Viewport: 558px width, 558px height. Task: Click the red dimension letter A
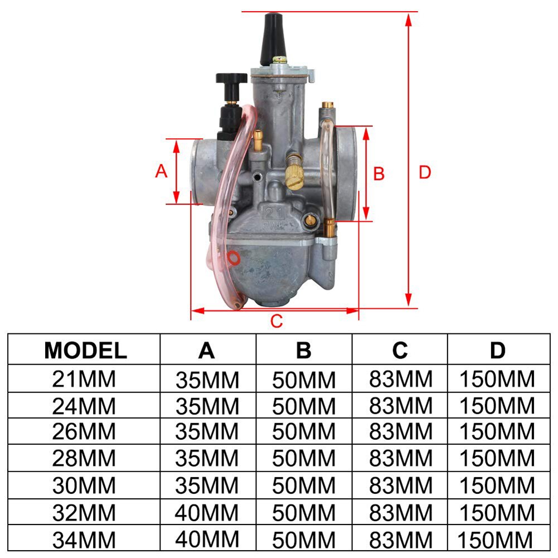[161, 171]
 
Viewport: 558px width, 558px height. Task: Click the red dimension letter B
[379, 174]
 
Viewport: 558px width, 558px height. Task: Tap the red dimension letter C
[277, 321]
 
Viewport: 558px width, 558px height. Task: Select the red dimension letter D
[425, 173]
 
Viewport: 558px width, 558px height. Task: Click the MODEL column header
[85, 350]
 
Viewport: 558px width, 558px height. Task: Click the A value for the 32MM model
[207, 512]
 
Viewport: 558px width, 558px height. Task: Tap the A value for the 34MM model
[207, 538]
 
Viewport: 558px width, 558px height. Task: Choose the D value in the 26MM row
[497, 432]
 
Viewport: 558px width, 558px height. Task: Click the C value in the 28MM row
[400, 459]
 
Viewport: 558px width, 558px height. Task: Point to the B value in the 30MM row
[304, 486]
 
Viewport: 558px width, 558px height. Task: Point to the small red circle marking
[234, 258]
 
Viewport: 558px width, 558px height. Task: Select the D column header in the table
[497, 350]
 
